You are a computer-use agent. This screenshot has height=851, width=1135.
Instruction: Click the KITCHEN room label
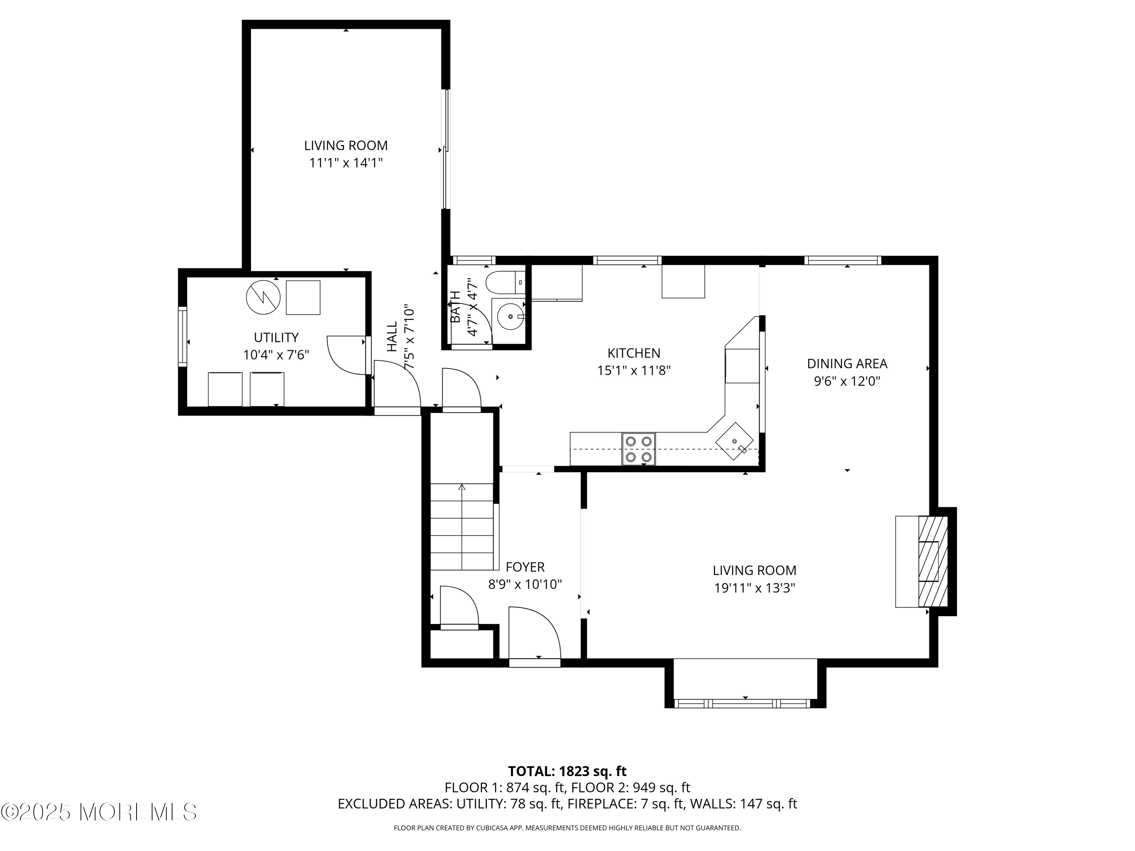634,353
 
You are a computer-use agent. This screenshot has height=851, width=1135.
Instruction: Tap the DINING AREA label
847,364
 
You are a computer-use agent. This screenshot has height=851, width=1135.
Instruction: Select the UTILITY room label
276,337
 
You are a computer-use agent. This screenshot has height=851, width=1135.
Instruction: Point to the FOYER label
525,567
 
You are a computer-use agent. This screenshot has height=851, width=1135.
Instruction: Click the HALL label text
392,337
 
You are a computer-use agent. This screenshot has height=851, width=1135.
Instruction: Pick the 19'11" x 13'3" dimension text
755,588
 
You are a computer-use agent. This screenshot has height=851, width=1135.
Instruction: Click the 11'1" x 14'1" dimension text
346,163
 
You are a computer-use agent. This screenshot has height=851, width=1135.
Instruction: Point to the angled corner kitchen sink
735,442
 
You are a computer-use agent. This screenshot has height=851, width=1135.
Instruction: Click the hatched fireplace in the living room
932,561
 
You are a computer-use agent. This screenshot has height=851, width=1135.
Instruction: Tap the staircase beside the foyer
462,526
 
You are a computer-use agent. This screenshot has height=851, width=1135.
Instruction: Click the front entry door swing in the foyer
535,632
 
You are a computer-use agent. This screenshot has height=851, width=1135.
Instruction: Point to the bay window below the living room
745,703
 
